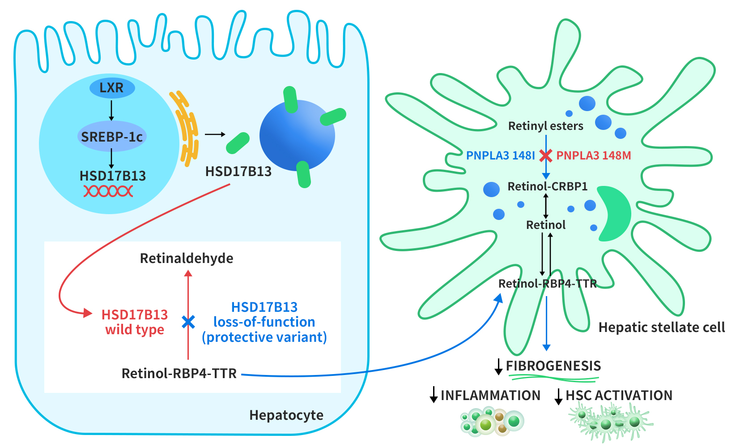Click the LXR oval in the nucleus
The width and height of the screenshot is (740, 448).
coord(112,88)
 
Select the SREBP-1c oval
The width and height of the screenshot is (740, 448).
coord(112,137)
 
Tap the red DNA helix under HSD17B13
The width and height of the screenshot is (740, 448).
coord(108,192)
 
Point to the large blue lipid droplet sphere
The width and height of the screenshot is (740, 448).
coord(297,135)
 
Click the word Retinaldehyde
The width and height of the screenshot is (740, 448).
coord(187,258)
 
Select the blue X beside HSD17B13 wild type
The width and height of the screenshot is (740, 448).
coord(188,322)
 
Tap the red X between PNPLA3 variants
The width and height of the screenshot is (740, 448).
coord(545,155)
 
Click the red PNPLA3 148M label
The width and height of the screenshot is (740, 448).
coord(593,155)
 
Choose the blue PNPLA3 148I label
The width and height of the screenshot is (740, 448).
coord(500,155)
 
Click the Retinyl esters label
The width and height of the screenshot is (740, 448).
coord(545,126)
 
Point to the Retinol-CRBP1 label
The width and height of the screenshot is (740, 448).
coord(547,186)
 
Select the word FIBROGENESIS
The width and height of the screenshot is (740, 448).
coord(553,366)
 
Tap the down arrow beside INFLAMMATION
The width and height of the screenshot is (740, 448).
coord(433,395)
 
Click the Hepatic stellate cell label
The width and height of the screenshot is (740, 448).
coord(661,327)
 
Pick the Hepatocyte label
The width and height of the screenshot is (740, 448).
coord(286,415)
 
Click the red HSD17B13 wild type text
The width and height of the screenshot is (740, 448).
coord(135,322)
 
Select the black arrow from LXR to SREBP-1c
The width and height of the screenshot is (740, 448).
coord(111,110)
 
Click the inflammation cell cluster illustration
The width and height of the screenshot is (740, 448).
coord(492,422)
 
